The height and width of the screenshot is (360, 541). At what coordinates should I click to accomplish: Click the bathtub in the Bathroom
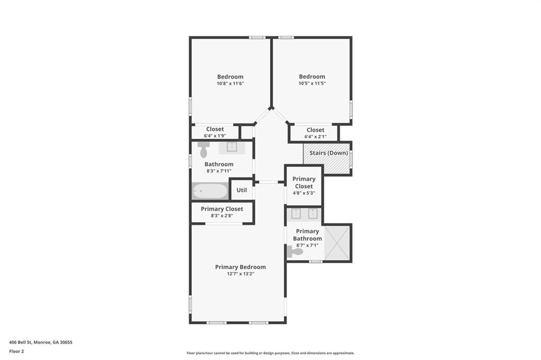point(210,191)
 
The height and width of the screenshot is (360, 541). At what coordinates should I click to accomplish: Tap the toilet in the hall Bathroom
point(203,150)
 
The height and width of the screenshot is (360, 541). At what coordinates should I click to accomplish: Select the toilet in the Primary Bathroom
point(295,252)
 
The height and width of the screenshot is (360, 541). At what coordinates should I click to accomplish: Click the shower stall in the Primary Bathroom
point(337,243)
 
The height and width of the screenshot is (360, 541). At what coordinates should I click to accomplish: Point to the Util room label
point(241,190)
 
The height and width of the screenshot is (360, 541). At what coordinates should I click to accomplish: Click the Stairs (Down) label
point(329,153)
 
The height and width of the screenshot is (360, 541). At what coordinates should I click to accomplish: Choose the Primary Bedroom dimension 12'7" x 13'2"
point(240,274)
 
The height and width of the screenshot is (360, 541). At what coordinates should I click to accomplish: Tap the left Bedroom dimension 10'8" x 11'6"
point(230,83)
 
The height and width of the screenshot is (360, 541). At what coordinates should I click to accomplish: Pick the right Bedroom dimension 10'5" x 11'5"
point(312,83)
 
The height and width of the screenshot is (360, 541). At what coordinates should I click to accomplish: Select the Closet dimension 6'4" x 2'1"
point(315,137)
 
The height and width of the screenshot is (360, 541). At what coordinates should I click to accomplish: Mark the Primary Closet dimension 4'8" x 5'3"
point(304,193)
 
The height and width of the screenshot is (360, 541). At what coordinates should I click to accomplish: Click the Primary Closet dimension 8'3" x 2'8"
point(222,215)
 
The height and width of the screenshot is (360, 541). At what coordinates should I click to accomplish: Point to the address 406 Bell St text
point(41,342)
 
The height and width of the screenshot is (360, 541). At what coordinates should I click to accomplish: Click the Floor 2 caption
point(16,351)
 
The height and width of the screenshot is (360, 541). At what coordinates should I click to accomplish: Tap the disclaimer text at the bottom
point(270,353)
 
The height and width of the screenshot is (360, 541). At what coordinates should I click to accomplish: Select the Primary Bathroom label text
point(307,235)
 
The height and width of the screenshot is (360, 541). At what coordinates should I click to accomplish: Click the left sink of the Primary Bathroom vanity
point(296,213)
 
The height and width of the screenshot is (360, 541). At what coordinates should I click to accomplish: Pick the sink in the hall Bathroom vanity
point(231,147)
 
